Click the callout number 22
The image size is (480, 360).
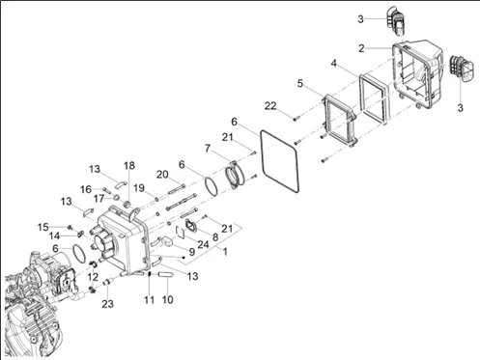270,105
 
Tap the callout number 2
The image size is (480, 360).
361,48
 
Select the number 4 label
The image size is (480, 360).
334,64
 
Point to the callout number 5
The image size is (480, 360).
300,83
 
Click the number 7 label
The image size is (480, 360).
208,149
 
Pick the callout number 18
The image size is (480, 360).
129,165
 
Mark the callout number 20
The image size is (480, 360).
162,175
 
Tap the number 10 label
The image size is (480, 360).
167,299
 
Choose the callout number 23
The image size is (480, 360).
107,303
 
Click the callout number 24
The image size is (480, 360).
203,244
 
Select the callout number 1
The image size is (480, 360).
225,252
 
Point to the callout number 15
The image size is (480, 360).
42,227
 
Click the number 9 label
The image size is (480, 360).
192,252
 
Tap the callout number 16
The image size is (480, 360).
86,189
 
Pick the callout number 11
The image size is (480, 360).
149,300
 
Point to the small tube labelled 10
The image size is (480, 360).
167,274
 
